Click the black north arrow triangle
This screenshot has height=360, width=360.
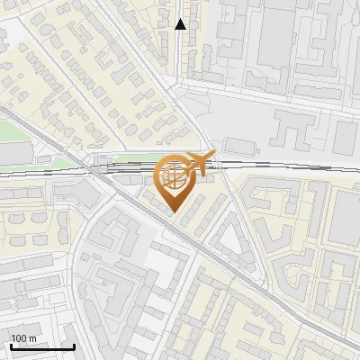(x=180, y=24)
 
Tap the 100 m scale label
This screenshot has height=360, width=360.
(x=23, y=338)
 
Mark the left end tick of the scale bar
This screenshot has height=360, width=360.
(x=11, y=345)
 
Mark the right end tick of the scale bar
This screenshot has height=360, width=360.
(x=74, y=345)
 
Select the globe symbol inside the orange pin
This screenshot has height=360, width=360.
(x=175, y=175)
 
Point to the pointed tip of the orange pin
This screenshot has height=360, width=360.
(x=175, y=212)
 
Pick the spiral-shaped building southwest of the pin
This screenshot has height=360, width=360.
(x=117, y=234)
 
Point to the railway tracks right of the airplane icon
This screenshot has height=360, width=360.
(x=270, y=164)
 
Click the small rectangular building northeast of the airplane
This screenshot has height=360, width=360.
(x=238, y=144)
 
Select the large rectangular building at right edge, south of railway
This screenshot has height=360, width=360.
(x=346, y=216)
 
